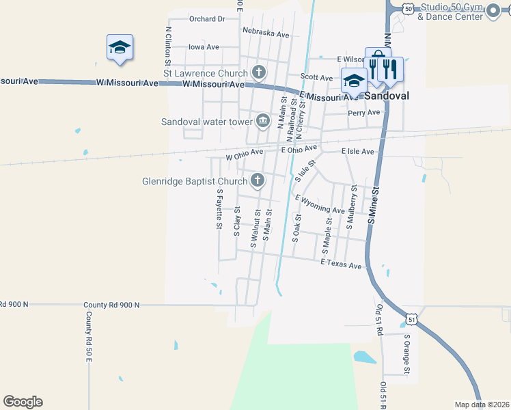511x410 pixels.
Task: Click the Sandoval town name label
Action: coord(386,96)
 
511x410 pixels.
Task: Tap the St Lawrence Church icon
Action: coord(259,71)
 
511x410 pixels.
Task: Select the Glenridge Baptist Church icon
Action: coord(258,180)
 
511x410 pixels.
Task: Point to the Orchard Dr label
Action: coord(207,19)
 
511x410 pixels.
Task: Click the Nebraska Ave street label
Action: coord(266,32)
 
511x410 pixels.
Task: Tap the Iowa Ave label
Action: coord(204,47)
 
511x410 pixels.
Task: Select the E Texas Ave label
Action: coord(341,264)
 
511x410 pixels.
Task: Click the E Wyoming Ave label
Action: coord(320,204)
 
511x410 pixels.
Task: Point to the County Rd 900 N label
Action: coord(111,305)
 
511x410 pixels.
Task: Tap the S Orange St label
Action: coord(406,354)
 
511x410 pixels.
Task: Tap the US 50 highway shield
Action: coord(408,8)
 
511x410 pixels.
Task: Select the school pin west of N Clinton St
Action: coord(120,48)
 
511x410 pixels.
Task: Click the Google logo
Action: coord(23,402)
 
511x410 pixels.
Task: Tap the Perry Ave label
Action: coord(363,113)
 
